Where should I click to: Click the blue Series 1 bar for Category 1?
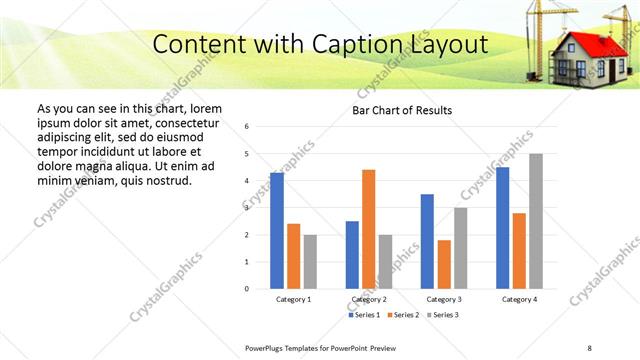(x=276, y=231)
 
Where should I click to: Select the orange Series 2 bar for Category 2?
(x=368, y=229)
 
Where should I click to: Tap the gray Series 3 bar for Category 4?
(x=536, y=221)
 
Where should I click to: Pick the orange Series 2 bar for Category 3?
(x=444, y=264)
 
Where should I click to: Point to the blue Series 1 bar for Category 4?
(x=502, y=228)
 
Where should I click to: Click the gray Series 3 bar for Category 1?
(x=310, y=262)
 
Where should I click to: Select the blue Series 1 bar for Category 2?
(x=352, y=255)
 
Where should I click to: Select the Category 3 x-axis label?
(x=444, y=299)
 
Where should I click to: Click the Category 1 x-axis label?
(x=293, y=299)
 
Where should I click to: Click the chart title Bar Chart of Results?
(x=402, y=110)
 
